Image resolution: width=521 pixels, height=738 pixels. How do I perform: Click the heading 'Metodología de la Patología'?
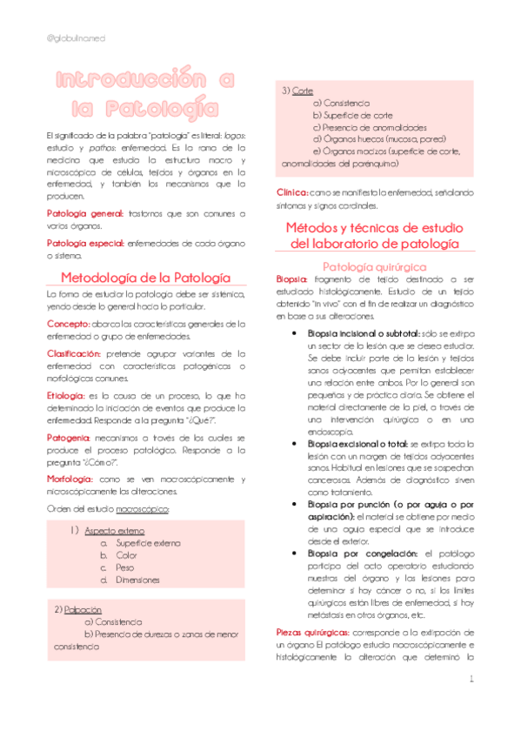(x=144, y=277)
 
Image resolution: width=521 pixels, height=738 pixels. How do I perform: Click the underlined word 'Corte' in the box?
(x=304, y=91)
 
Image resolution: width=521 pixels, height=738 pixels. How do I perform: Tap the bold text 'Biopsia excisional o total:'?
(x=358, y=443)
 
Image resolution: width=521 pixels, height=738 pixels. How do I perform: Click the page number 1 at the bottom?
(x=471, y=678)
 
